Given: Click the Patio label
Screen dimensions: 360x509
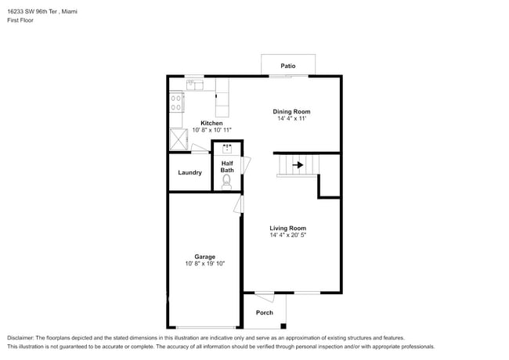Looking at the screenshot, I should coord(288,66).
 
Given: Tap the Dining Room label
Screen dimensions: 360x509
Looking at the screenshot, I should coord(291,111).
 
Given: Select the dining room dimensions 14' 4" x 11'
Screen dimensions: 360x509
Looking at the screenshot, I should coord(291,119).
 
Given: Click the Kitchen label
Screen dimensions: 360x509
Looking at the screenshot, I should coord(211,123).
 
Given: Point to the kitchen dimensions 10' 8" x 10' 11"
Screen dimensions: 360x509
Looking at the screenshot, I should coord(211,131).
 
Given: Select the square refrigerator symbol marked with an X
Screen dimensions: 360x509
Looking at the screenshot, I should coord(179,140).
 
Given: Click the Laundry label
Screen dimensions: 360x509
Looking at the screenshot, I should coord(190,172).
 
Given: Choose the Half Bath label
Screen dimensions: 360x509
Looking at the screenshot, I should coord(227,166).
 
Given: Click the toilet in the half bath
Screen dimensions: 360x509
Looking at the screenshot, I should coord(227,182).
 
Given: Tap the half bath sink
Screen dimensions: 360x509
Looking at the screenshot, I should coord(228,147).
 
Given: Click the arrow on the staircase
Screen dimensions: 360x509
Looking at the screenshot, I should coord(298,165).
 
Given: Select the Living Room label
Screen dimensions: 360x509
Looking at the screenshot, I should coord(287,228).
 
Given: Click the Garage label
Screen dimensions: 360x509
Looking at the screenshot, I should coord(205,256).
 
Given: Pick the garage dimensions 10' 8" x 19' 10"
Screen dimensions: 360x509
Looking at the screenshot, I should coord(205,264).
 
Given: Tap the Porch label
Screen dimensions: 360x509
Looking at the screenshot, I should coord(265,312).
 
